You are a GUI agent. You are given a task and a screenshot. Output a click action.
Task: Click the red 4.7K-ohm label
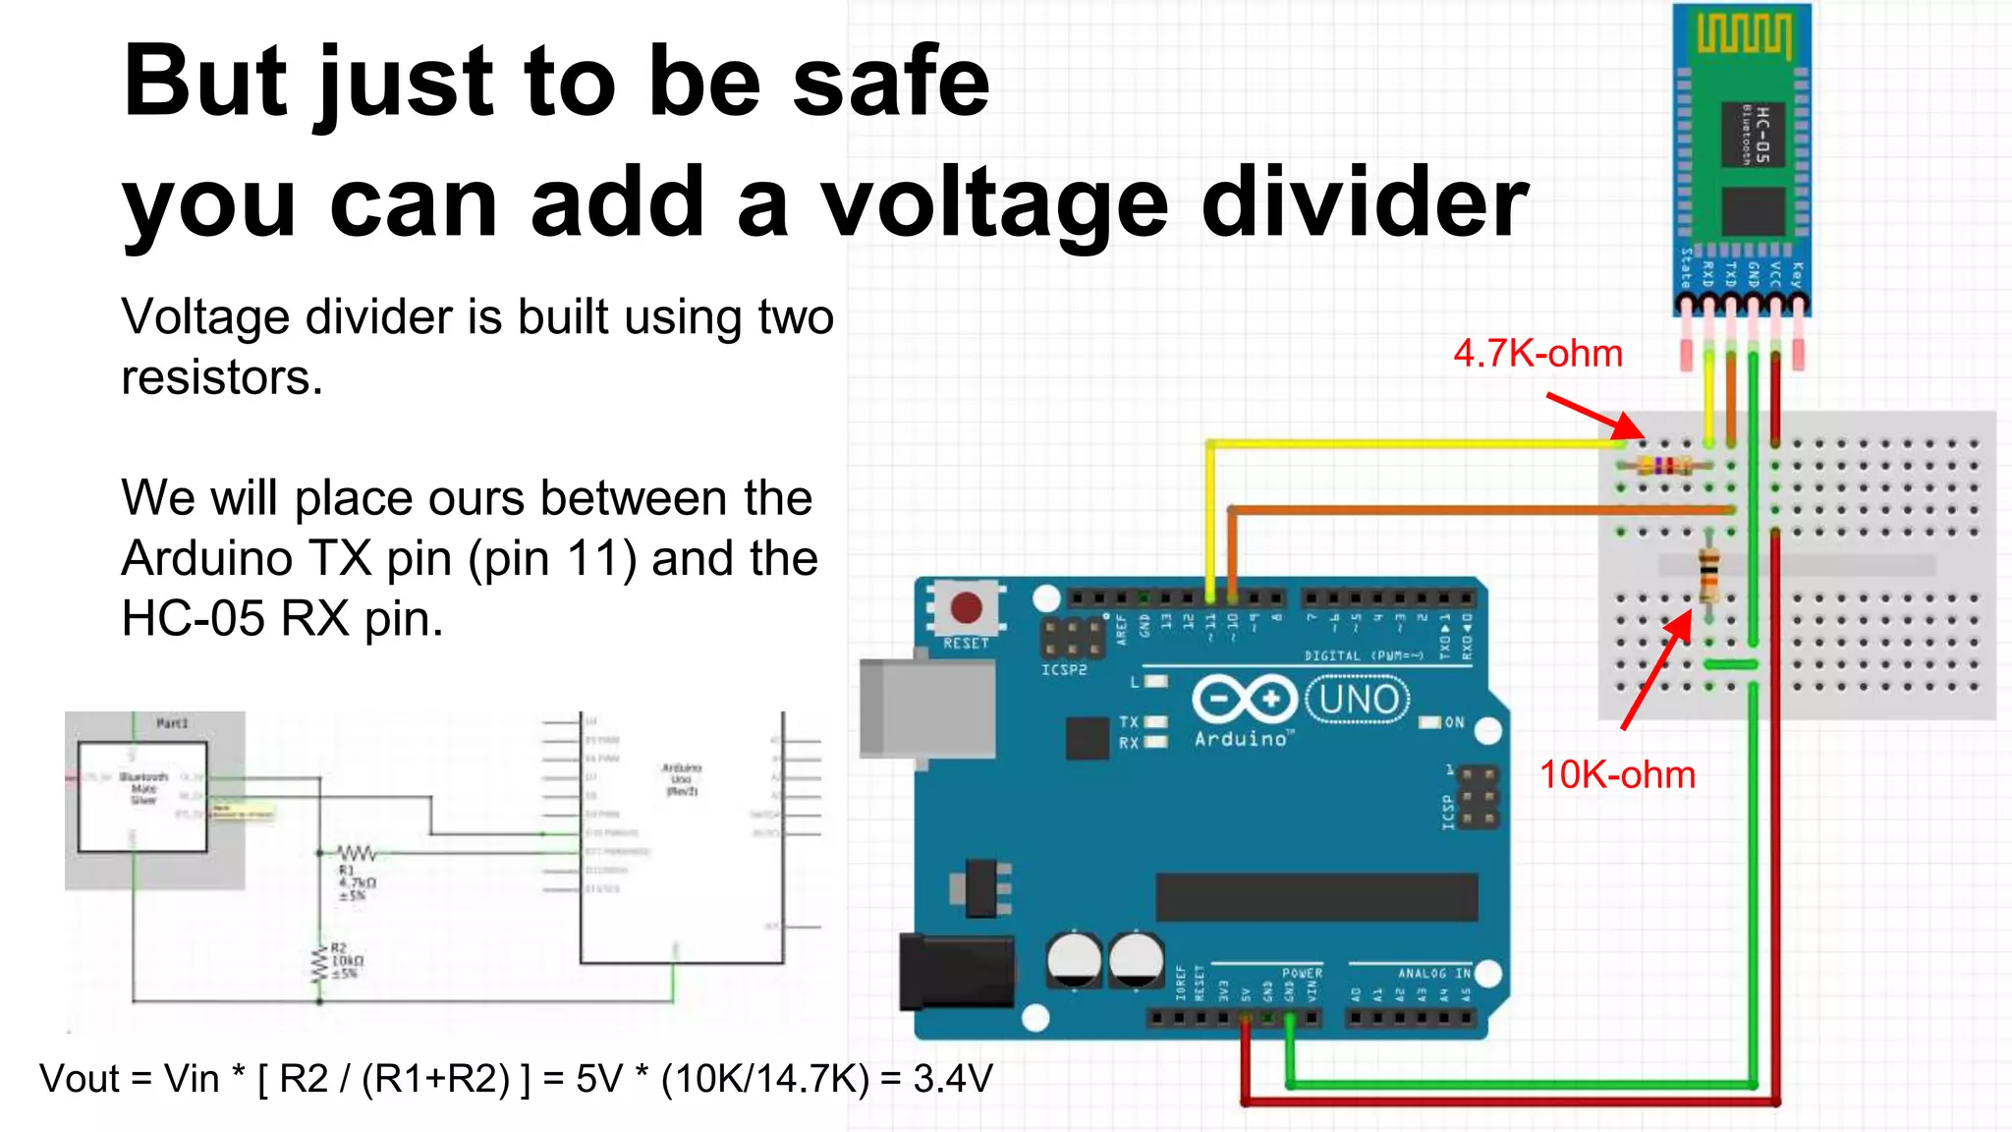click(1537, 354)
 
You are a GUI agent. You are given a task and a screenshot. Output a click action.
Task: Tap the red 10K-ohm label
click(1617, 775)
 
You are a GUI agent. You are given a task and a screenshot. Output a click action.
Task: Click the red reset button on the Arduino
click(966, 608)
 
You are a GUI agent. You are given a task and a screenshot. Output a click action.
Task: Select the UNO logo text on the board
click(1359, 700)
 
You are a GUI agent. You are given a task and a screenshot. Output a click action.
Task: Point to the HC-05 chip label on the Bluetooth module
click(1760, 135)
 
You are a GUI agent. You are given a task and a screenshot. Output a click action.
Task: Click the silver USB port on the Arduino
click(923, 707)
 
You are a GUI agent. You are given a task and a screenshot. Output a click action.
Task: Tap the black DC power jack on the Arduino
click(956, 972)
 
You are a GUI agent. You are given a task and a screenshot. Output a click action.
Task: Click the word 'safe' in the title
click(890, 83)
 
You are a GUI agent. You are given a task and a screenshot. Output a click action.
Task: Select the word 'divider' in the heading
click(1365, 204)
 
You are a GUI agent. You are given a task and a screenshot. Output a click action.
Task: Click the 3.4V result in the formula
click(952, 1079)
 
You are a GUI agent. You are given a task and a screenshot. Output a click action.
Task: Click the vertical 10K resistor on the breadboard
click(1709, 577)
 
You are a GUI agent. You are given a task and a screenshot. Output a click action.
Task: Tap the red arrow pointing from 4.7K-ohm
click(1594, 416)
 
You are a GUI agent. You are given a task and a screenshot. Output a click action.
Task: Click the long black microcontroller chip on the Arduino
click(1316, 897)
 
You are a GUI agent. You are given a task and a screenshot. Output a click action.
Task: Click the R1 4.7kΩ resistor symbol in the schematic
click(356, 852)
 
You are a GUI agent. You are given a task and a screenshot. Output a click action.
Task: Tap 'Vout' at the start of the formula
click(80, 1079)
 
